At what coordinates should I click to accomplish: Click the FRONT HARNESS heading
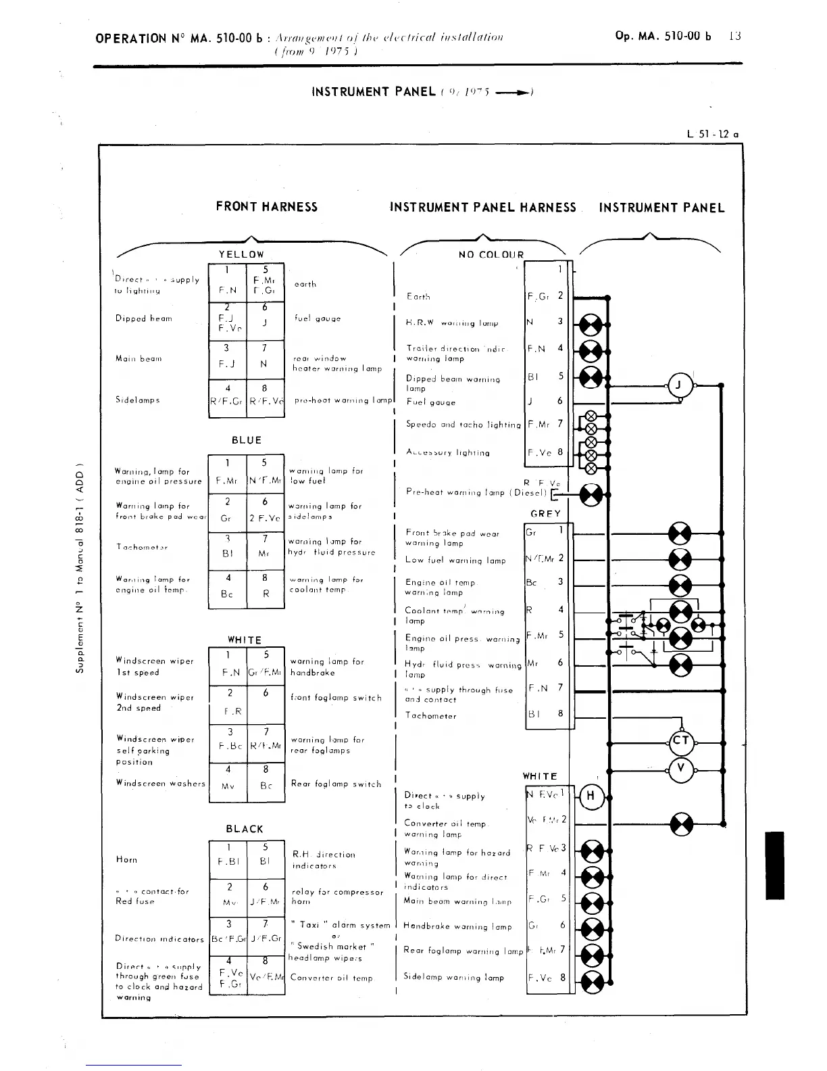click(266, 207)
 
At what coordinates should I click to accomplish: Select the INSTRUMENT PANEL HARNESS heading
click(483, 208)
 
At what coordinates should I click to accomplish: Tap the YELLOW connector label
click(241, 254)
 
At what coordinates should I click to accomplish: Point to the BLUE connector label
click(246, 440)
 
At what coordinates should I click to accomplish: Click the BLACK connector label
click(245, 829)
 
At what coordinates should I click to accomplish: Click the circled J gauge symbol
click(680, 386)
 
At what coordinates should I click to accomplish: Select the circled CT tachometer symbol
click(680, 740)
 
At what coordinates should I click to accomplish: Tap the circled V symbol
click(680, 768)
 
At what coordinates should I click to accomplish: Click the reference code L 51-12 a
click(711, 134)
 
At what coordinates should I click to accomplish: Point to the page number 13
click(735, 36)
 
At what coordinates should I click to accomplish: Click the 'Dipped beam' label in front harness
click(144, 318)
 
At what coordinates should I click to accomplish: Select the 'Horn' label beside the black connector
click(126, 860)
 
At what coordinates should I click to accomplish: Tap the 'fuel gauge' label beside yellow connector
click(318, 318)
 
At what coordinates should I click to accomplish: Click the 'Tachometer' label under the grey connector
click(430, 716)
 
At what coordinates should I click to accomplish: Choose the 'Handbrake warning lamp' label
click(457, 926)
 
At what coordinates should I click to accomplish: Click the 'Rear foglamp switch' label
click(336, 784)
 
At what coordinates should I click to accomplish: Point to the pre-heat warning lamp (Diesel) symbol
click(591, 495)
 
